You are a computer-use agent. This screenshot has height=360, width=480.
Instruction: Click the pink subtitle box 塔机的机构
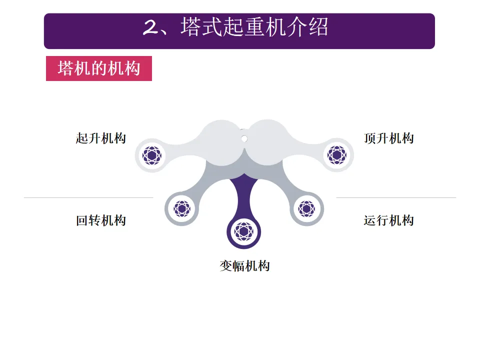pyautogui.click(x=99, y=68)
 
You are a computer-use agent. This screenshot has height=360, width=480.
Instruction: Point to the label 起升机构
pyautogui.click(x=100, y=138)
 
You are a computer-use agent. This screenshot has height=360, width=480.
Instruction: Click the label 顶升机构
pyautogui.click(x=389, y=138)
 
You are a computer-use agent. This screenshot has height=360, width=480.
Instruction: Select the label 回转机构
pyautogui.click(x=100, y=220)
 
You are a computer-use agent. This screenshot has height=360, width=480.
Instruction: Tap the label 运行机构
pyautogui.click(x=389, y=220)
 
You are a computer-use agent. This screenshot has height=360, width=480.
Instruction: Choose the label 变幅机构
pyautogui.click(x=244, y=265)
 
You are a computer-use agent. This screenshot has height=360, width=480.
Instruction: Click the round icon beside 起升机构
pyautogui.click(x=152, y=155)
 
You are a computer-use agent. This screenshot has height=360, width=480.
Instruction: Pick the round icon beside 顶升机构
pyautogui.click(x=337, y=155)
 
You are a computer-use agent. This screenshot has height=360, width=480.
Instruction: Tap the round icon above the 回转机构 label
pyautogui.click(x=181, y=208)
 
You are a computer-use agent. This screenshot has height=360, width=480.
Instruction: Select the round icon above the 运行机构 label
pyautogui.click(x=306, y=208)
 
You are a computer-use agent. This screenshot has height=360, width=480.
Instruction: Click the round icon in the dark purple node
pyautogui.click(x=244, y=231)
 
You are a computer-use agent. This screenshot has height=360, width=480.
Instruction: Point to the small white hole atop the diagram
pyautogui.click(x=244, y=138)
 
